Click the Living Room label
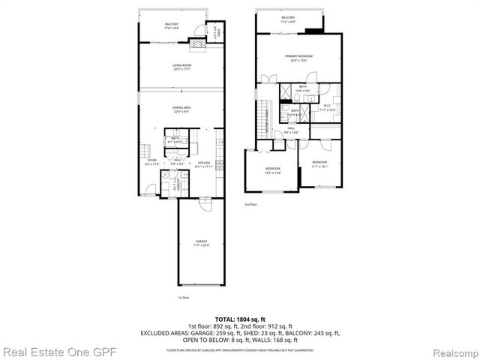[182, 67]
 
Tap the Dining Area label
[182, 109]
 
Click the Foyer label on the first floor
[151, 161]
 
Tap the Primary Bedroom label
[298, 58]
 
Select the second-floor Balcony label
[288, 19]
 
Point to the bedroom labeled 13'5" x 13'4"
[271, 172]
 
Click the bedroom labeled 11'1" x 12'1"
[319, 163]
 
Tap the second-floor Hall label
[292, 130]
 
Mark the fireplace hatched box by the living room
[196, 45]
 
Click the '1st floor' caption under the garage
[182, 298]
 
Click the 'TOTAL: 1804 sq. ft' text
[239, 319]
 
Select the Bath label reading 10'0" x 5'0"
[303, 88]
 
